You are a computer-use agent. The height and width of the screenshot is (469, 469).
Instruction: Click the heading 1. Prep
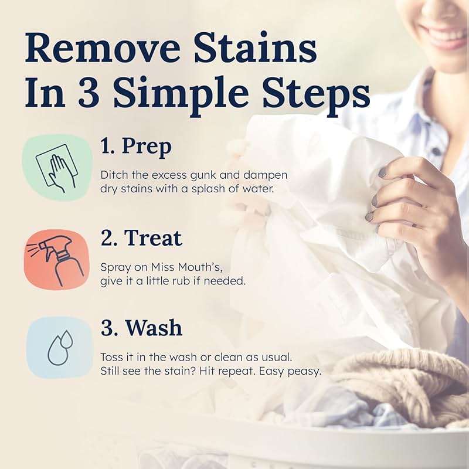click(x=136, y=147)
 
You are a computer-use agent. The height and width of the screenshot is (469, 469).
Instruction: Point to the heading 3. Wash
click(x=141, y=328)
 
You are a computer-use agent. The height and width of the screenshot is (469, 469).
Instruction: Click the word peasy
click(x=307, y=371)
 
